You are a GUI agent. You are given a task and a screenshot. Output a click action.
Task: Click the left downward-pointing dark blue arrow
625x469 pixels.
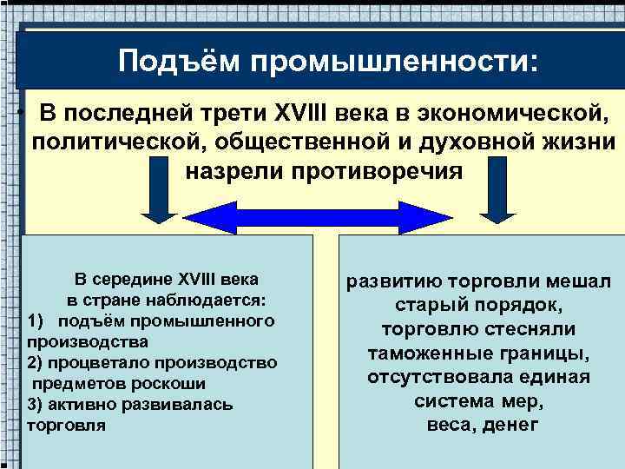point(158,195)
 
